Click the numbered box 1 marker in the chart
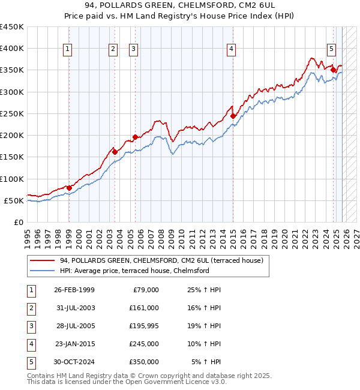click(68, 49)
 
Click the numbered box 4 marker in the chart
click(232, 49)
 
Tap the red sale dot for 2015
click(233, 116)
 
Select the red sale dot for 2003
click(115, 152)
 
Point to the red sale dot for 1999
click(69, 188)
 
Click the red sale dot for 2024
click(333, 70)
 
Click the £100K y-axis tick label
click(12, 179)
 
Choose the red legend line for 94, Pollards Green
click(42, 261)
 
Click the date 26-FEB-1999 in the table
click(74, 290)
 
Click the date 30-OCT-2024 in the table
click(74, 362)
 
